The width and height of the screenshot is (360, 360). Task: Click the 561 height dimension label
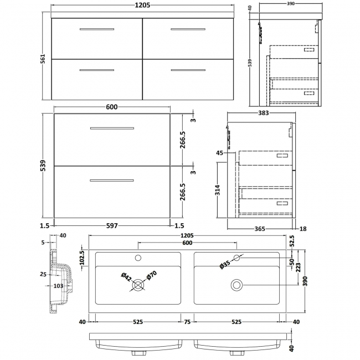(x=43, y=54)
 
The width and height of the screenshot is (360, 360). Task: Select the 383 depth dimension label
(x=263, y=114)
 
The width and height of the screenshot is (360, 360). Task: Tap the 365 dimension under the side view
(x=259, y=228)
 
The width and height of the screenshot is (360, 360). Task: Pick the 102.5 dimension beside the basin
(x=82, y=259)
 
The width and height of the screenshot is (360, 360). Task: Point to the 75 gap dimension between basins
(x=187, y=321)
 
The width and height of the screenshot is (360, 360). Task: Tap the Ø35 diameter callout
(x=224, y=265)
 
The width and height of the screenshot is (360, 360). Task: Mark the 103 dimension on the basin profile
(x=58, y=285)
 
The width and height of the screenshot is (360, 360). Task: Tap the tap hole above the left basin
(x=138, y=257)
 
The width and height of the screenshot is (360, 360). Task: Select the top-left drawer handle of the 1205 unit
(x=96, y=28)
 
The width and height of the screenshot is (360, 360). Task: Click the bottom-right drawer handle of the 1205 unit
(x=188, y=70)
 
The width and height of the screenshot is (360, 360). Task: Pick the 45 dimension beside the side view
(x=219, y=153)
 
